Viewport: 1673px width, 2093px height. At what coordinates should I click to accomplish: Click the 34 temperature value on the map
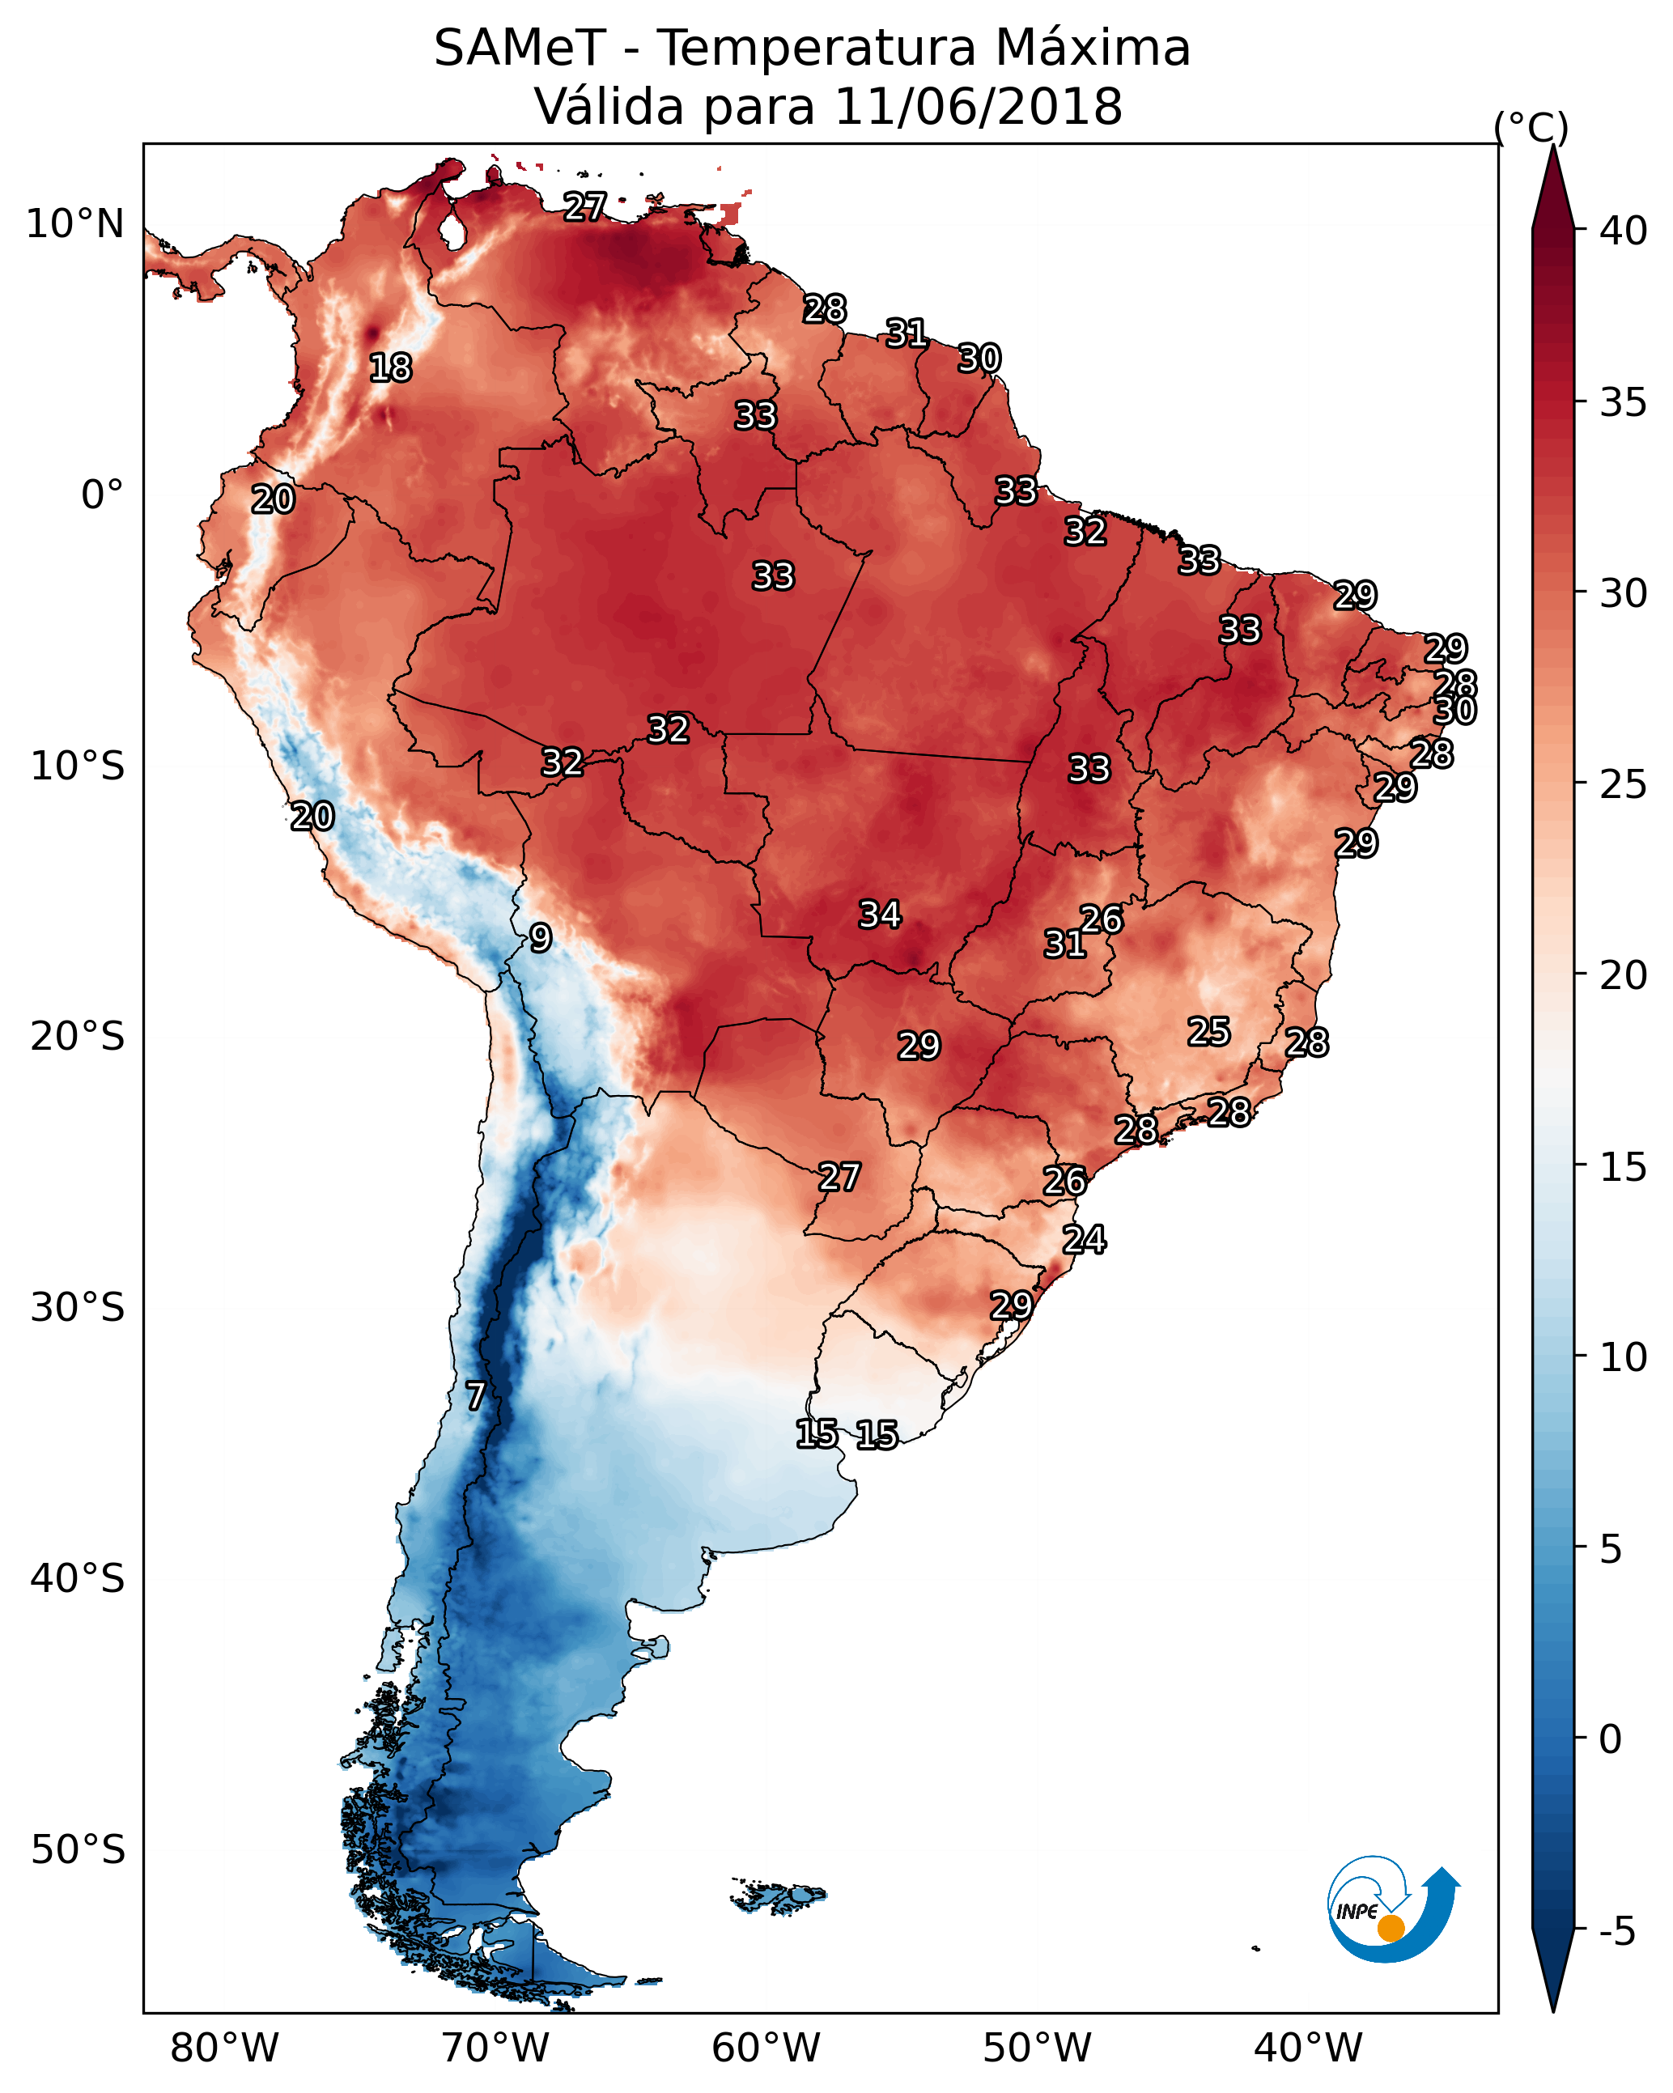point(880,915)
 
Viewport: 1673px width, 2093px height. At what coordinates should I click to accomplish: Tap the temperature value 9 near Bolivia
point(541,938)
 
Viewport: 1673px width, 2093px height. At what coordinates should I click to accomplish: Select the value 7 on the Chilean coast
point(475,1396)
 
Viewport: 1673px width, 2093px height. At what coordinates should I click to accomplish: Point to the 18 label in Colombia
point(390,368)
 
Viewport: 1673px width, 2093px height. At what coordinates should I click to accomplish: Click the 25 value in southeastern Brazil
point(1209,1031)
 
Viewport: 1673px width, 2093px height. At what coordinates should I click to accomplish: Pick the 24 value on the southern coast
point(1084,1240)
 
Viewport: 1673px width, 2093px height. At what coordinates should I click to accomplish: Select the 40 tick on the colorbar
point(1624,231)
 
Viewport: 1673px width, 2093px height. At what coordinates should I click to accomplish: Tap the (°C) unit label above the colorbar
point(1531,127)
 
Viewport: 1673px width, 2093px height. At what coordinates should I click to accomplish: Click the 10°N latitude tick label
point(74,224)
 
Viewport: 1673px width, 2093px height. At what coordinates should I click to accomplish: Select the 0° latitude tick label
point(102,495)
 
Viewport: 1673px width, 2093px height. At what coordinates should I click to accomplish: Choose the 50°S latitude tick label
point(78,1850)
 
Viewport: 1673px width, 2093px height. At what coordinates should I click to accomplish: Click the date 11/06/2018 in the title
point(978,107)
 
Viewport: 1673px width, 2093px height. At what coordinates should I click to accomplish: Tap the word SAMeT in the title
point(520,49)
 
